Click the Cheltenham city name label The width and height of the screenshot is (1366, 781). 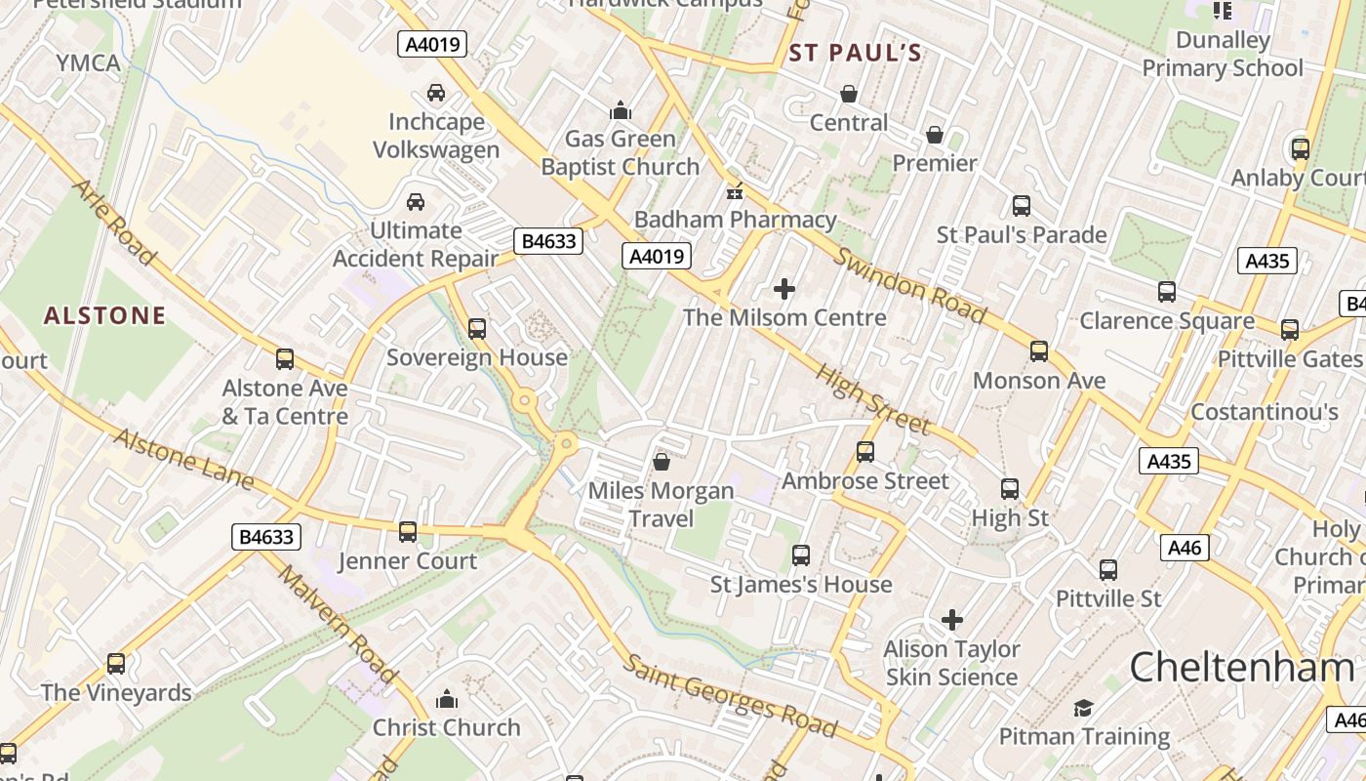click(x=1242, y=668)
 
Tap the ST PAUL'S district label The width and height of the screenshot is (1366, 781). click(x=855, y=54)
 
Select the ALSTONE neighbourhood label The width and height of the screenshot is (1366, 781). click(x=104, y=315)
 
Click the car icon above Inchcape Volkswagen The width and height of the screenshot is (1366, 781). click(x=436, y=93)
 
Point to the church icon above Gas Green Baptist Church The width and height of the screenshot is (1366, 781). click(x=621, y=109)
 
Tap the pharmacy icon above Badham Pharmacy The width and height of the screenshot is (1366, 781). click(x=735, y=191)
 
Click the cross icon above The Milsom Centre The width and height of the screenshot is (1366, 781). click(x=784, y=289)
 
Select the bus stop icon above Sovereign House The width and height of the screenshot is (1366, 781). click(x=477, y=328)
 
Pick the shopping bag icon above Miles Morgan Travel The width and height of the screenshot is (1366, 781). click(x=662, y=461)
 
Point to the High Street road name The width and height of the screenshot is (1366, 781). click(x=872, y=399)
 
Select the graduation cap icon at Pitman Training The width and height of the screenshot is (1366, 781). click(x=1083, y=708)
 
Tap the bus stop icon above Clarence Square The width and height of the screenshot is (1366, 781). click(x=1166, y=291)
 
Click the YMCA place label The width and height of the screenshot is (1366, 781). click(x=88, y=63)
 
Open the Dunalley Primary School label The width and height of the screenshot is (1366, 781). click(x=1223, y=54)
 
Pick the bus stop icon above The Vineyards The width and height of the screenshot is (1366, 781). click(x=116, y=664)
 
